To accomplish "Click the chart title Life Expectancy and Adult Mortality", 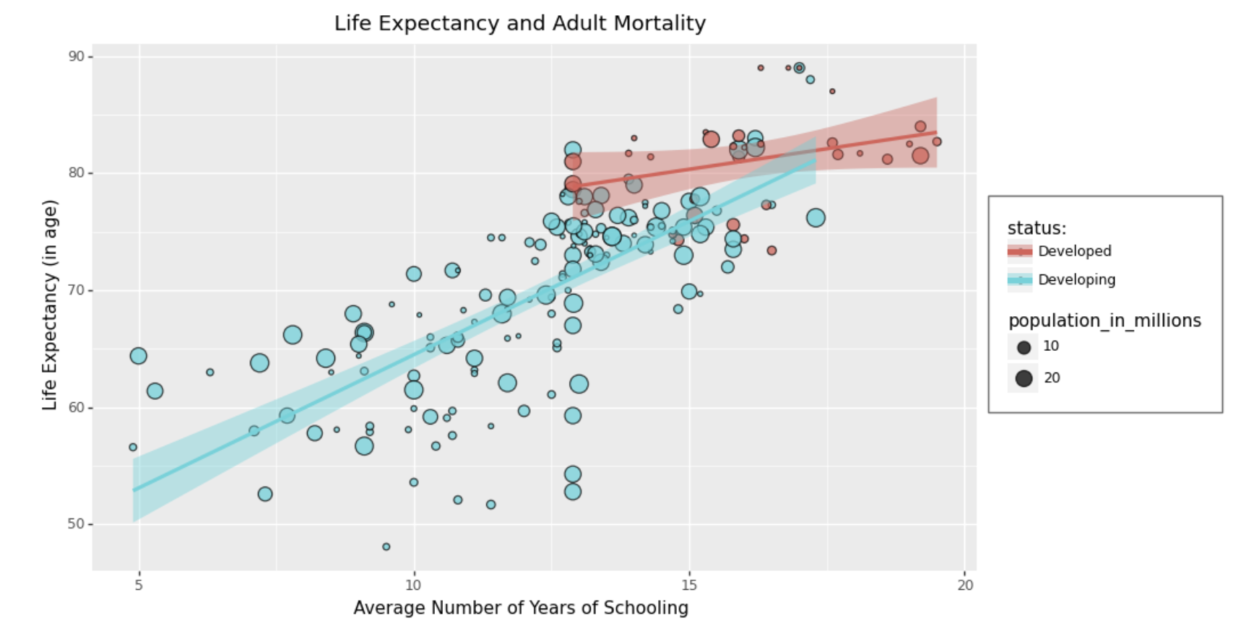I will (x=519, y=23).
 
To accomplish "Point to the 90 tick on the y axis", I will (x=77, y=56).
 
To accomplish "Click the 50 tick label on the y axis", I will (x=77, y=524).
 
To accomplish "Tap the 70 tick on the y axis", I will (x=77, y=290).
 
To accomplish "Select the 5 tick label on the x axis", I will (x=139, y=585).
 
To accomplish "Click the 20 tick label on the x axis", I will (x=966, y=585).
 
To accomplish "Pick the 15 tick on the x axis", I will (x=689, y=585).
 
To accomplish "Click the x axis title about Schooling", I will (x=520, y=608).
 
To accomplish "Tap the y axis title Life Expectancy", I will (x=50, y=305).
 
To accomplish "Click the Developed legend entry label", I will (x=1074, y=251).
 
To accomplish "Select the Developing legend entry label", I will (x=1076, y=279).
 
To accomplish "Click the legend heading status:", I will (x=1037, y=228).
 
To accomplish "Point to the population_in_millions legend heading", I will (x=1104, y=321).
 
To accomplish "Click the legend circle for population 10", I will (x=1024, y=347).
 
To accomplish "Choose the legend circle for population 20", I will (x=1024, y=378).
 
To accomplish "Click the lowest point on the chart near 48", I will (x=386, y=547).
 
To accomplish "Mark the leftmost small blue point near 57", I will (x=133, y=447).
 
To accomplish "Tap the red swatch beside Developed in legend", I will (x=1020, y=251).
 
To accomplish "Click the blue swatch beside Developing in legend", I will (x=1020, y=279).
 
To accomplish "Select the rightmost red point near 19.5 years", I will (x=937, y=142).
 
